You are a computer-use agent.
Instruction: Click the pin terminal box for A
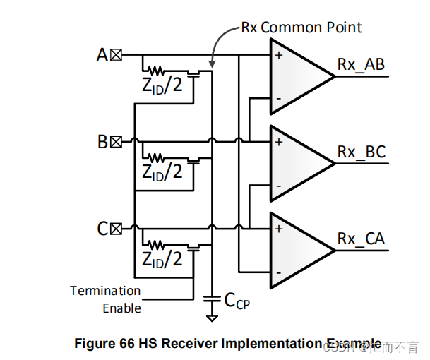point(116,54)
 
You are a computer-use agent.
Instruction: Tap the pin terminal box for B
point(116,142)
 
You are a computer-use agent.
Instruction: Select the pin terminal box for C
point(116,229)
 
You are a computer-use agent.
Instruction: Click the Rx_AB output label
point(361,65)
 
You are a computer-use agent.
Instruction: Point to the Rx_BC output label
point(361,152)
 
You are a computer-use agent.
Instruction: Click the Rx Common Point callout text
point(301,28)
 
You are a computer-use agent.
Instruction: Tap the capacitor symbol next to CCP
point(210,300)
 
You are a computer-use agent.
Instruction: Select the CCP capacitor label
point(237,301)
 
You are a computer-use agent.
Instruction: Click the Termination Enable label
point(105,299)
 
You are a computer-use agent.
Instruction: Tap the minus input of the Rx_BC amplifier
point(280,186)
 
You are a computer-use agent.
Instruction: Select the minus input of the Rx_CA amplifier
point(280,272)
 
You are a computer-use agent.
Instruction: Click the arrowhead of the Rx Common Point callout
point(210,64)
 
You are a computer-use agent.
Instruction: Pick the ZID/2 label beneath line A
point(162,85)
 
